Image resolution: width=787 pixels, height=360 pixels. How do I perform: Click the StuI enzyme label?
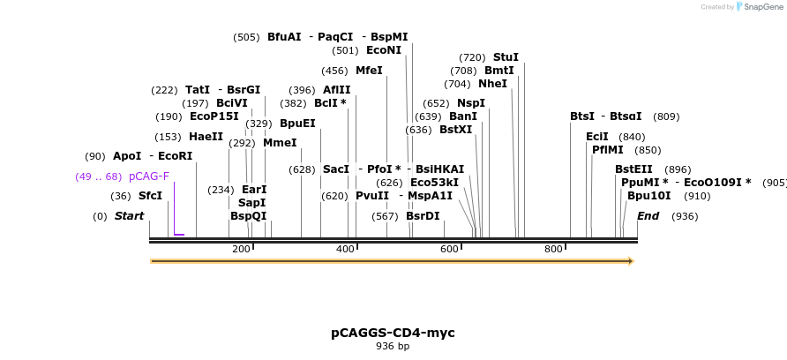(506, 57)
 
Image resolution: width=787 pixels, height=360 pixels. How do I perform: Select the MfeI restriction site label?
(369, 71)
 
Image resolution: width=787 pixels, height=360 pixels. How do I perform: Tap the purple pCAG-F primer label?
(149, 176)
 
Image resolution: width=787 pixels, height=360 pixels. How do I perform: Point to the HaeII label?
(206, 137)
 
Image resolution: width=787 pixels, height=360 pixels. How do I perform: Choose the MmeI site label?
(280, 143)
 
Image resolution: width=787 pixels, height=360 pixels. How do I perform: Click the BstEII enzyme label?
(633, 169)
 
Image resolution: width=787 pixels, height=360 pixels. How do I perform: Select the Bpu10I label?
(648, 196)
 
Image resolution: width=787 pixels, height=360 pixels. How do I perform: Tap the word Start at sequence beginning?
(129, 216)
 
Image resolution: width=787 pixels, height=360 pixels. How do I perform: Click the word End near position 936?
(648, 216)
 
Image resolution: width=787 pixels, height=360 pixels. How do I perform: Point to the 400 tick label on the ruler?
(345, 250)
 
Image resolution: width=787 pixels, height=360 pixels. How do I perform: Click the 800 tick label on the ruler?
(553, 250)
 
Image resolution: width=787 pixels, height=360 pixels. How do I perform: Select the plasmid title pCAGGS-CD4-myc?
(393, 333)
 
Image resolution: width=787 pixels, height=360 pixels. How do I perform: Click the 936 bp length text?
(393, 347)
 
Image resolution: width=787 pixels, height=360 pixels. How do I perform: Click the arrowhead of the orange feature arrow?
(630, 261)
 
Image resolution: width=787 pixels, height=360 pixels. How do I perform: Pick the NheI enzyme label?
(492, 84)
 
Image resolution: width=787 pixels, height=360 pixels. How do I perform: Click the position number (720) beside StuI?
(472, 57)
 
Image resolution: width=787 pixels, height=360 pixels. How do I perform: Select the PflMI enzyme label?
(607, 150)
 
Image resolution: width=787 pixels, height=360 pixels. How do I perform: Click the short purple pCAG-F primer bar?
(179, 235)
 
